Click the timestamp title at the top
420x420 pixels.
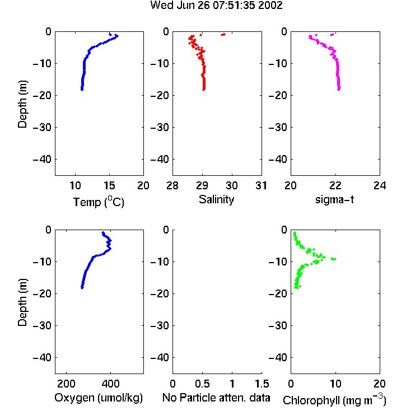coord(216,6)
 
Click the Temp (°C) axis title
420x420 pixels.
coord(99,202)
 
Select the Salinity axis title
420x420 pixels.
coord(216,199)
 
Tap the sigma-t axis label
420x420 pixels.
coord(334,199)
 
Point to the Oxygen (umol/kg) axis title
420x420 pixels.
coord(99,398)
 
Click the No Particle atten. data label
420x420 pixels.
coord(216,398)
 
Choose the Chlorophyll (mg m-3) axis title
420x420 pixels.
coord(334,400)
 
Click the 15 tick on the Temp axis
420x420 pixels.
coord(109,185)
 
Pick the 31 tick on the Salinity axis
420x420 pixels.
coord(261,185)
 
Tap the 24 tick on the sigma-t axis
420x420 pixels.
coord(380,185)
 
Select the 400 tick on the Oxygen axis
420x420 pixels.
coord(110,384)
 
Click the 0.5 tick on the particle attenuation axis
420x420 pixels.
coord(202,384)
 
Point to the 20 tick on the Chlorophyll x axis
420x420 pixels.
coord(380,384)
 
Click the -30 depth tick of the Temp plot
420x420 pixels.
coord(42,128)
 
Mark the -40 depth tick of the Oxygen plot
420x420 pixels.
coord(42,358)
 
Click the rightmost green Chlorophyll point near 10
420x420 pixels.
coord(334,259)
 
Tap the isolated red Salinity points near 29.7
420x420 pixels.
coord(223,35)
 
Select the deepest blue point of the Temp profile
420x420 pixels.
coord(82,90)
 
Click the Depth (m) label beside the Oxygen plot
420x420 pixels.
coord(22,302)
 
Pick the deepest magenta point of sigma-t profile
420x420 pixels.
coord(339,90)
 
